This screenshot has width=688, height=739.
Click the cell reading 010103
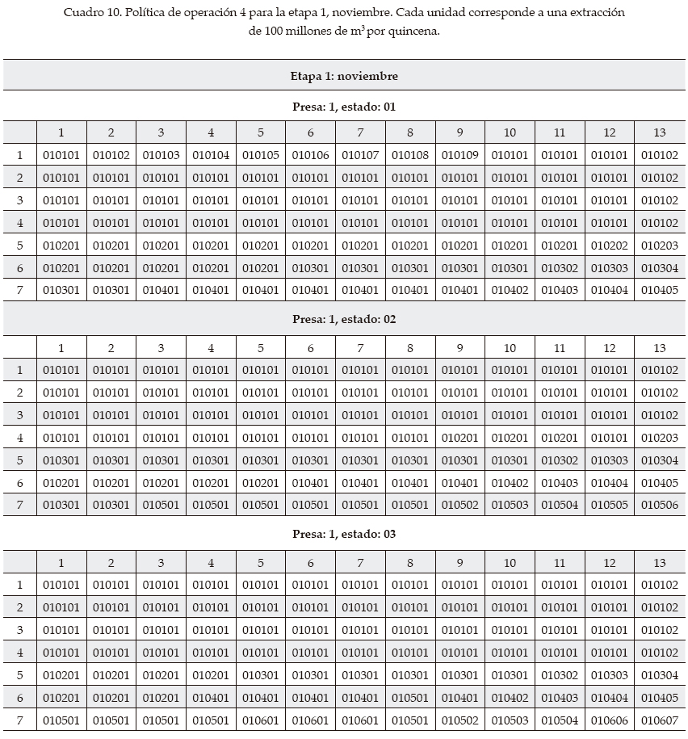point(161,155)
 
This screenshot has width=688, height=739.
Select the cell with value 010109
point(459,155)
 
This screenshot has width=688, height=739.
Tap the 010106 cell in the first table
point(310,155)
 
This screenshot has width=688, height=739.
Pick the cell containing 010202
point(609,246)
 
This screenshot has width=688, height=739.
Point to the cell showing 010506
point(659,506)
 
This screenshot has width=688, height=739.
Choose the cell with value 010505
point(609,506)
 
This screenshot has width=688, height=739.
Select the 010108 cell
point(409,155)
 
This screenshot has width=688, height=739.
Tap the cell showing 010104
point(211,155)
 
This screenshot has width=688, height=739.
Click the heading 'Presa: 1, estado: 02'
point(344,319)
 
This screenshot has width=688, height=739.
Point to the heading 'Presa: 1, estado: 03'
point(344,534)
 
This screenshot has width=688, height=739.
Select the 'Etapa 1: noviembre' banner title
point(344,76)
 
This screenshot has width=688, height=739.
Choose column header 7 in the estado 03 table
point(360,563)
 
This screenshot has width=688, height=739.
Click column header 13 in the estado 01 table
point(659,133)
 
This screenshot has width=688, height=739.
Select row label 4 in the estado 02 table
point(20,438)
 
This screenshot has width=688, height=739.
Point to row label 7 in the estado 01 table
point(20,291)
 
